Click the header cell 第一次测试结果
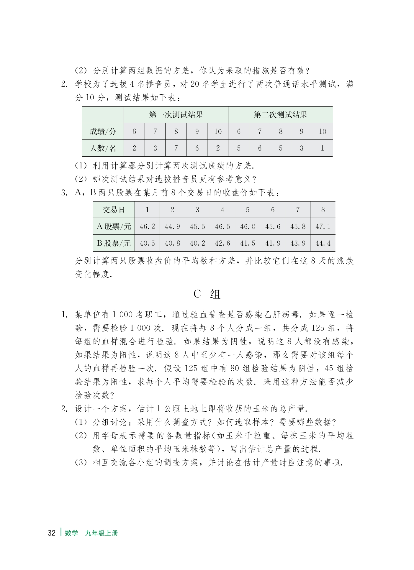176,115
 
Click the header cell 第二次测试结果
280,115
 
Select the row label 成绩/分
103,132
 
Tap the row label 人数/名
103,148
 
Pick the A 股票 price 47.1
323,226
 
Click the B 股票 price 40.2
197,243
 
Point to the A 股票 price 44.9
172,226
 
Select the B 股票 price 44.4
323,243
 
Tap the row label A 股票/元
114,226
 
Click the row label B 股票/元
114,243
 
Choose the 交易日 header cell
114,210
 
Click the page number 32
52,533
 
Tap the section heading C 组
207,294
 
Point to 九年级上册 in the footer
102,533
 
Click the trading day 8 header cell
323,210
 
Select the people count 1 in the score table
322,148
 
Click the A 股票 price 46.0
248,226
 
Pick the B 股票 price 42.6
222,243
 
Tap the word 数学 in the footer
71,533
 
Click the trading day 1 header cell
147,210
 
